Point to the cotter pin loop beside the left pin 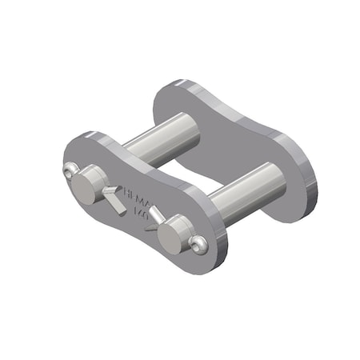[x=68, y=170]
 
